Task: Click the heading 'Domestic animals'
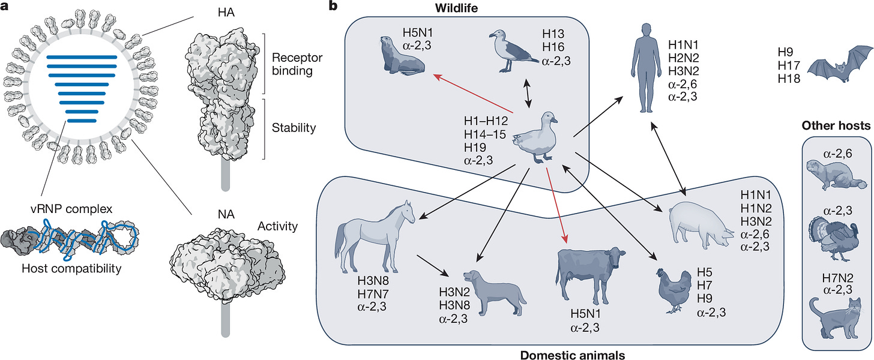pos(574,355)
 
